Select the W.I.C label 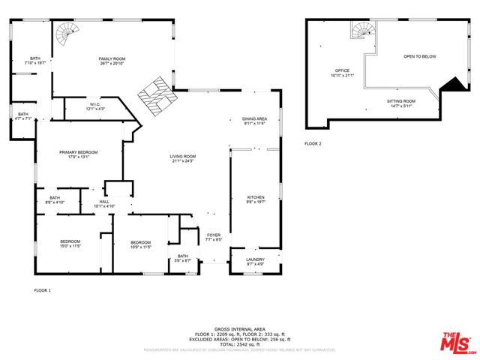[94, 106]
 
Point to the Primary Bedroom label [79, 154]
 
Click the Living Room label [183, 159]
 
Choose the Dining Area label [255, 121]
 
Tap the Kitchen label [256, 199]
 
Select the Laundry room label [255, 261]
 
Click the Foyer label [214, 238]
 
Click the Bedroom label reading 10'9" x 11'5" [141, 244]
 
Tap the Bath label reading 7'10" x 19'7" [35, 60]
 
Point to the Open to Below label [419, 57]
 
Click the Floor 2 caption [313, 143]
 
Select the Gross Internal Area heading [240, 328]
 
